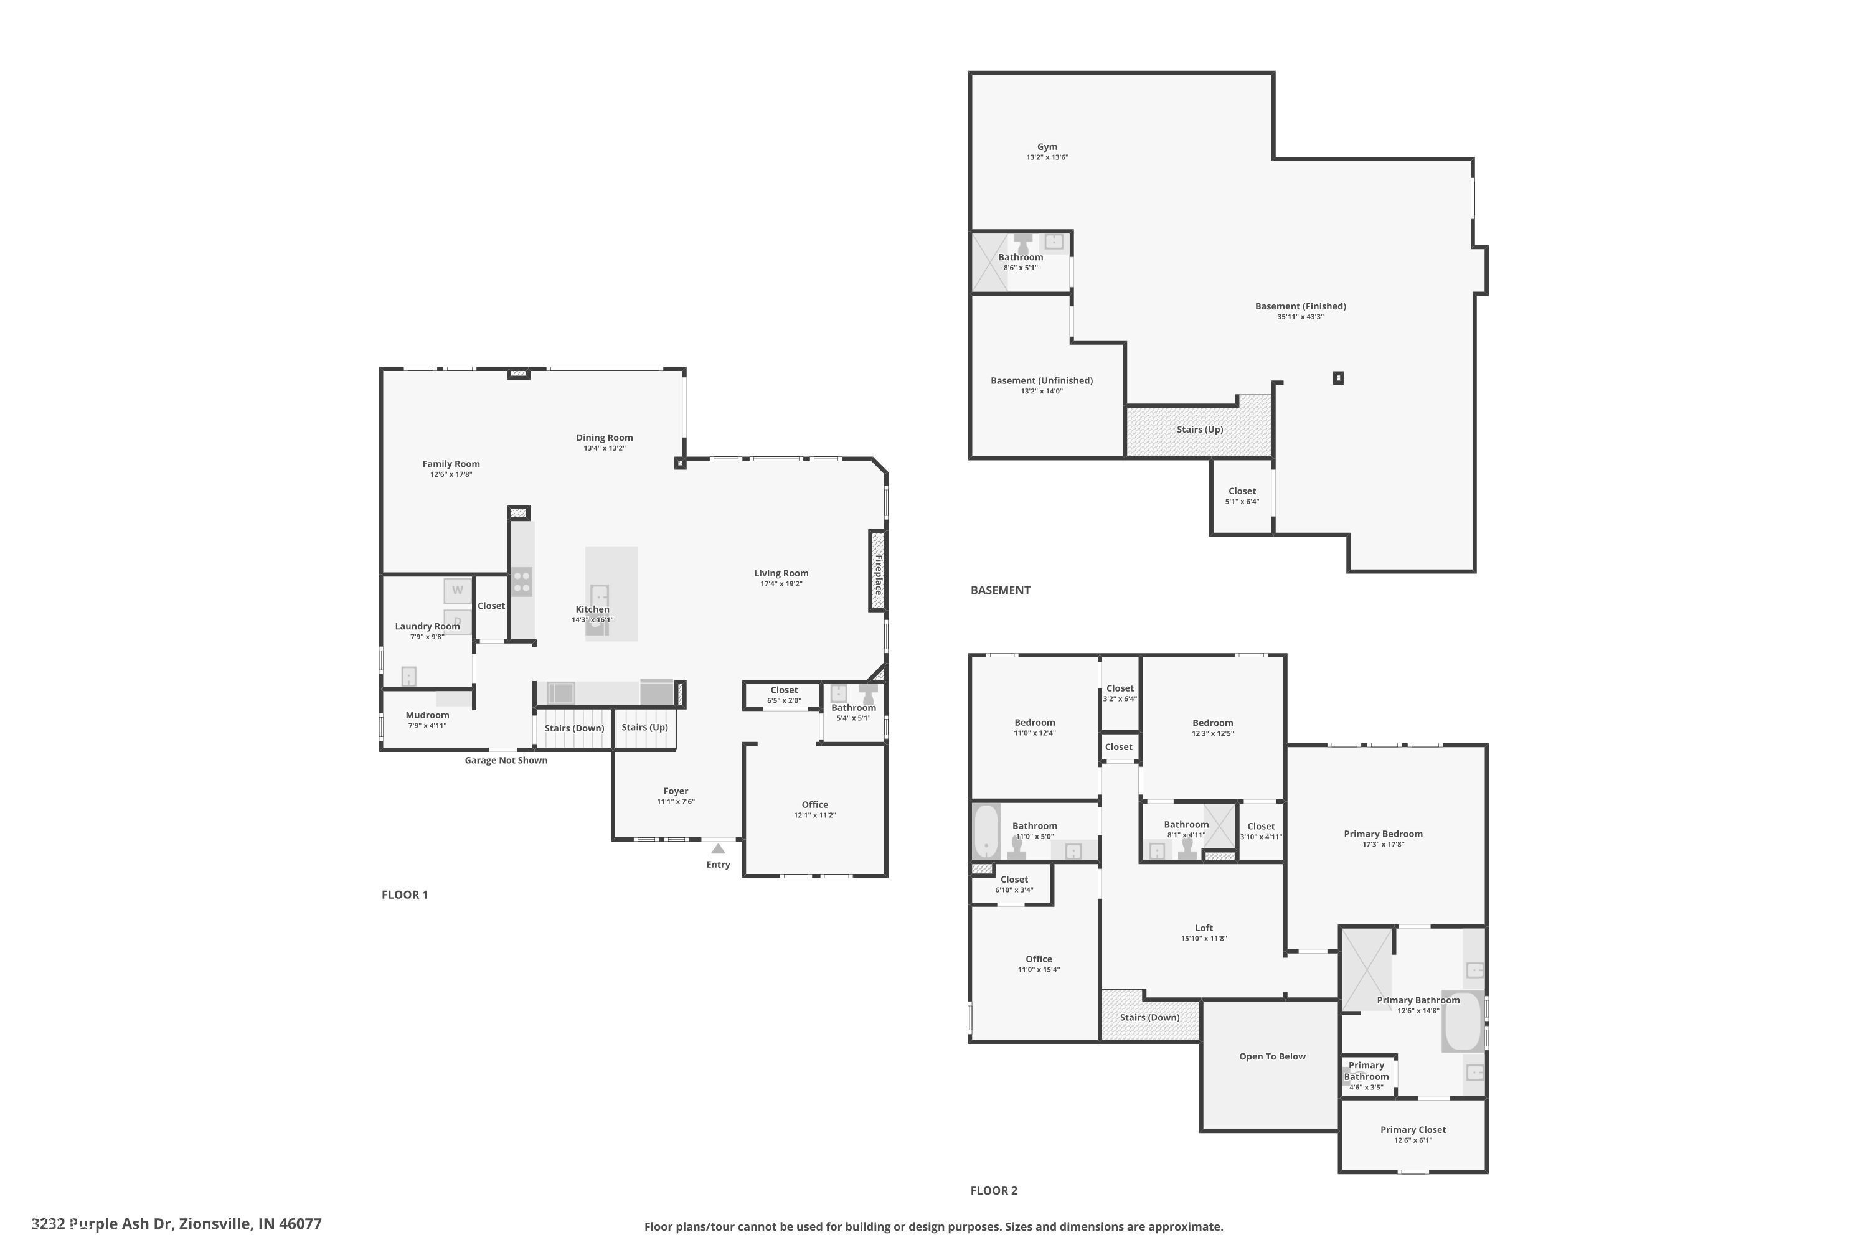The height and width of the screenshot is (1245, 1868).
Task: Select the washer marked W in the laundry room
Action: pos(456,590)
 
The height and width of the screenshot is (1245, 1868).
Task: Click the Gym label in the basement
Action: pos(1047,147)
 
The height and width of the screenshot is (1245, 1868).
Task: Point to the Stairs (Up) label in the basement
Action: pos(1199,430)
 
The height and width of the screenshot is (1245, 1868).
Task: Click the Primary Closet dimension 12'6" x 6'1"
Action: pos(1412,1140)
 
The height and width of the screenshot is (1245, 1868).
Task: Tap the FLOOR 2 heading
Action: pos(994,1190)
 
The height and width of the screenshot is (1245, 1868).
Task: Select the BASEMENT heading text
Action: pos(1000,590)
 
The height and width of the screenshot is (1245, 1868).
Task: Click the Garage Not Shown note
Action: pos(506,760)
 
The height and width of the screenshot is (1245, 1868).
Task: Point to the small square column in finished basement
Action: pos(1338,378)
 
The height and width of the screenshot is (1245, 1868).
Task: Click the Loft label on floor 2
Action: pos(1203,928)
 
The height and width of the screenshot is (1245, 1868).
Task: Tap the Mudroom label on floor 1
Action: pos(427,715)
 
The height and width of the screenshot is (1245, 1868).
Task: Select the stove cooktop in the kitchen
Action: pos(522,581)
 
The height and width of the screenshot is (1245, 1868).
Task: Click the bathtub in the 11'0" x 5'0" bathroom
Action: pos(986,831)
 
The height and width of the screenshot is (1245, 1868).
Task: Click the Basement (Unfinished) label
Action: pos(1041,380)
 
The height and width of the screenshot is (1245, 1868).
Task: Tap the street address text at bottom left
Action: pos(176,1224)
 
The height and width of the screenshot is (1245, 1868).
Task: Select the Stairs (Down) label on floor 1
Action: pos(574,728)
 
